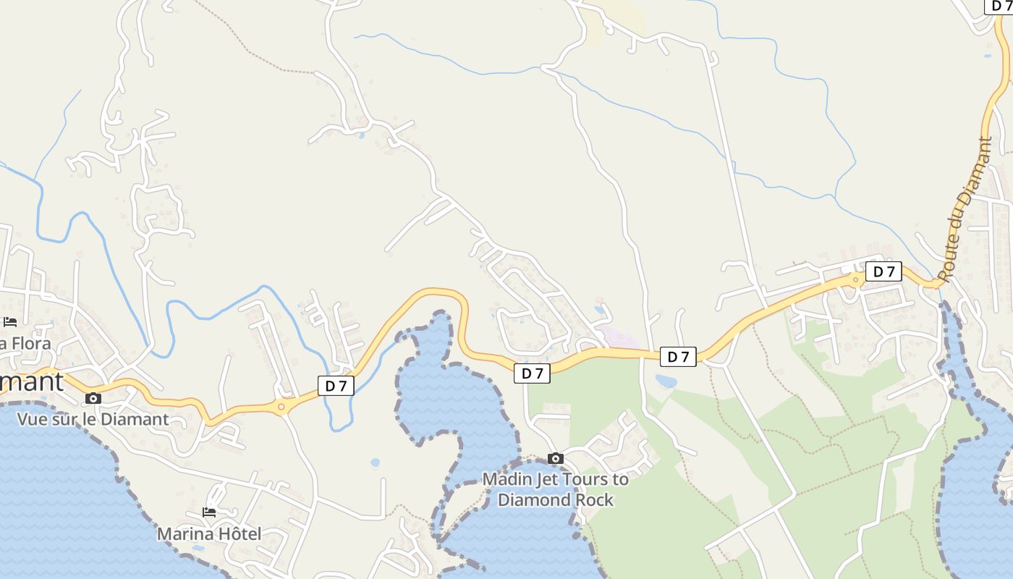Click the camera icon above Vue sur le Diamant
click(x=93, y=398)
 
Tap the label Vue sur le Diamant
click(x=93, y=419)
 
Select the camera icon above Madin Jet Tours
click(x=556, y=458)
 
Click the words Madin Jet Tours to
click(x=556, y=479)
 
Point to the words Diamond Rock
click(x=556, y=500)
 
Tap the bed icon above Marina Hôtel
click(x=209, y=512)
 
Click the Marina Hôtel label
click(x=209, y=534)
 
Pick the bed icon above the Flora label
click(x=10, y=322)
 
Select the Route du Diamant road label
click(x=965, y=209)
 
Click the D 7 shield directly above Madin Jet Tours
click(x=533, y=373)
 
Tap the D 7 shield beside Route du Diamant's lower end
click(x=883, y=271)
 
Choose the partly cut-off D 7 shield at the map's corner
click(x=1001, y=6)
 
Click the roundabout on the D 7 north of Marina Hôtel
click(x=281, y=406)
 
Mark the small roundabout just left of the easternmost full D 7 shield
click(x=856, y=279)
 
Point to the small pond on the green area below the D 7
click(x=666, y=381)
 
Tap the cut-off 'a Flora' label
click(x=26, y=343)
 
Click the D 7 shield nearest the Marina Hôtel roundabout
click(x=336, y=386)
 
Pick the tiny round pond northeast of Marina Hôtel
click(x=375, y=462)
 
